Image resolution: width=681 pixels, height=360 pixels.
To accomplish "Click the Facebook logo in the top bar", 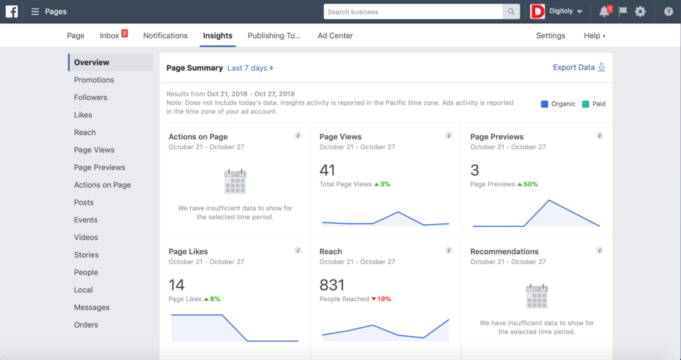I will pos(11,11).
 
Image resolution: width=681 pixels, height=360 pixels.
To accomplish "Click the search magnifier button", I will pos(511,11).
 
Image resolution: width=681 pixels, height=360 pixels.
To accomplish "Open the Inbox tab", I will pos(110,36).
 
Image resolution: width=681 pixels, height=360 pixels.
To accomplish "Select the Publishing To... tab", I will pos(274,36).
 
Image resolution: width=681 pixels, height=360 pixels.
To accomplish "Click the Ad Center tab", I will pos(335,36).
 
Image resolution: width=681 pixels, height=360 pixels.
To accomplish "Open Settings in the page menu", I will pos(551,36).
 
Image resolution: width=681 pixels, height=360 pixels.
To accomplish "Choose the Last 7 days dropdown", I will pos(250,68).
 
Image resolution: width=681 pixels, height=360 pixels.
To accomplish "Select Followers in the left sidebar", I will pos(90,97).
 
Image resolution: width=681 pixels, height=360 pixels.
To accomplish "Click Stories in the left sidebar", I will pos(86,255).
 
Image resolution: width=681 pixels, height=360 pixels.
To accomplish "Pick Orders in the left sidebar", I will pos(86,325).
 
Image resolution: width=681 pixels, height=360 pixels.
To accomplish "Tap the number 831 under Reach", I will pos(332,285).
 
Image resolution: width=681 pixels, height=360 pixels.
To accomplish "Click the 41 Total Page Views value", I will pos(327,170).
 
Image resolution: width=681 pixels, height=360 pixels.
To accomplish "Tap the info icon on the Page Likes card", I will pos(298,251).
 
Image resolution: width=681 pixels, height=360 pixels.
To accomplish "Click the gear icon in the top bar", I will pos(640,11).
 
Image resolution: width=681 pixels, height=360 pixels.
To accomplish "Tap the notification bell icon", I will pos(603,11).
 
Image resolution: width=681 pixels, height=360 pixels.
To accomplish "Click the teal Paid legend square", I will pos(585,104).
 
